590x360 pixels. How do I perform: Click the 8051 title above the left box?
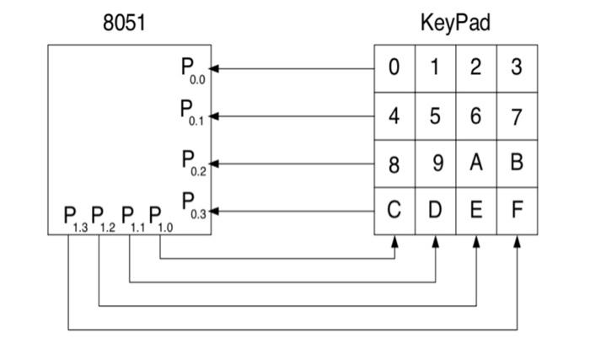coord(124,24)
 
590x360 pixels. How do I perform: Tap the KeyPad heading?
coord(455,24)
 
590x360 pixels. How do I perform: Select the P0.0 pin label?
coord(193,70)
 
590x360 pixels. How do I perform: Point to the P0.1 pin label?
coord(193,113)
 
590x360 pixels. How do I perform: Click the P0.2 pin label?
coord(193,161)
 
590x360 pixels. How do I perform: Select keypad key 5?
coord(435,116)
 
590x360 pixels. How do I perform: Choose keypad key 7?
coord(517,116)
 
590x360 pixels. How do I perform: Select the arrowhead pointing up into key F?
coord(518,241)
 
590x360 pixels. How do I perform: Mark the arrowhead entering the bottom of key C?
coord(394,241)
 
